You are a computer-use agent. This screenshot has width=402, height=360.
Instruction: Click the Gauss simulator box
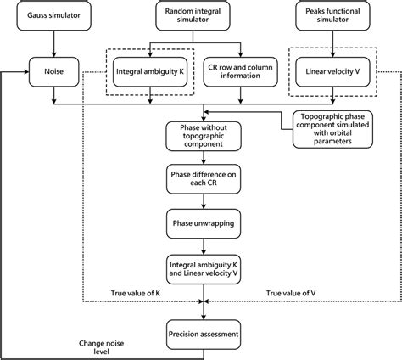(x=53, y=17)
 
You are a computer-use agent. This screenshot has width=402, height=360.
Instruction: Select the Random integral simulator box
(x=199, y=17)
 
